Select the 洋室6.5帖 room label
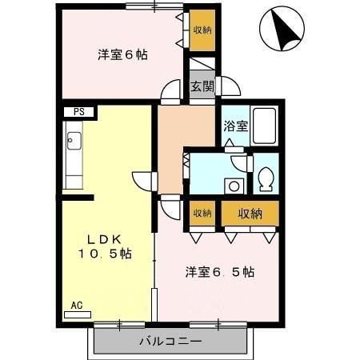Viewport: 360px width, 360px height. click(x=220, y=271)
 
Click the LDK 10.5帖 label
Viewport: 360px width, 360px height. click(x=104, y=246)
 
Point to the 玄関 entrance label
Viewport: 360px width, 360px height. click(x=202, y=86)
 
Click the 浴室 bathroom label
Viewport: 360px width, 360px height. click(x=235, y=126)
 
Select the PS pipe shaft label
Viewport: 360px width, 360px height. click(x=78, y=112)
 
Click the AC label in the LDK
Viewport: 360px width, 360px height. click(x=76, y=305)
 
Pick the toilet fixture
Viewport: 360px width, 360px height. click(x=266, y=179)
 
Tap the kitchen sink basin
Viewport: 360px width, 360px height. click(x=74, y=145)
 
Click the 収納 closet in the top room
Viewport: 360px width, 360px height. click(x=202, y=30)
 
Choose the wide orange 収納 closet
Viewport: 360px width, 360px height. click(x=250, y=213)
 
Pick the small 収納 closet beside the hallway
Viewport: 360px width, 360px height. click(x=202, y=213)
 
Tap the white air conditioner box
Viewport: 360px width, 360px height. click(x=78, y=314)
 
